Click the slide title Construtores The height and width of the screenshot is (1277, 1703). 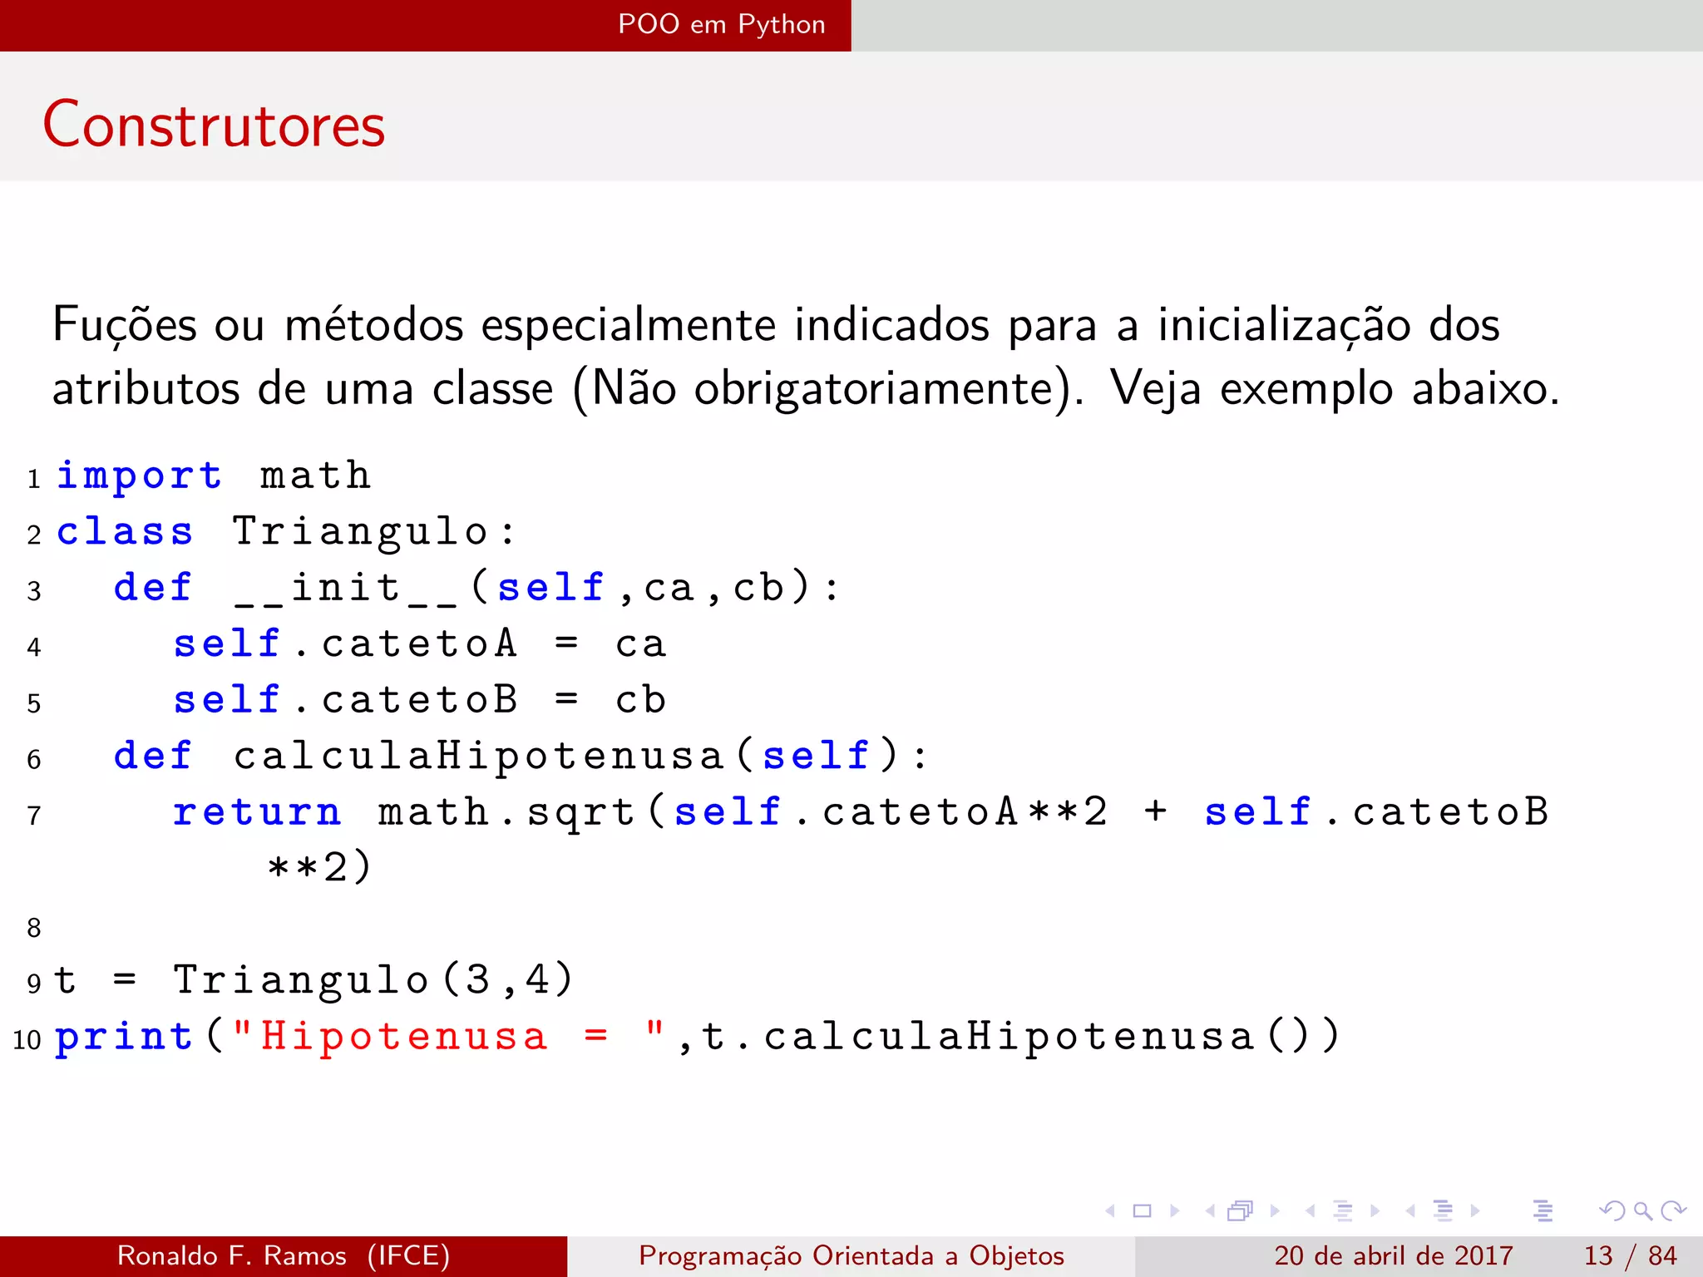(x=214, y=125)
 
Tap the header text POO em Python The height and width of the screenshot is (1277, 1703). (x=721, y=24)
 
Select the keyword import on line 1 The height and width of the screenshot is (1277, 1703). (x=139, y=476)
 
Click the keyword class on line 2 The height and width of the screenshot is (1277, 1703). (x=125, y=532)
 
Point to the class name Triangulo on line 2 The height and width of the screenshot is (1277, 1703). (x=360, y=532)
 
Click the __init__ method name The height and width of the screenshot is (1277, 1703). (x=345, y=589)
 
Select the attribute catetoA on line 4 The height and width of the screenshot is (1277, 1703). (x=419, y=644)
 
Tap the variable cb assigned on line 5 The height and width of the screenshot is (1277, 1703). (x=640, y=700)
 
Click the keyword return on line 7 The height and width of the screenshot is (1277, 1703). (x=257, y=812)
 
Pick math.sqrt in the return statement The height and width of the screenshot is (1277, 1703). (x=507, y=812)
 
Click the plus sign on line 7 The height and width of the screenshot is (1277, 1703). (x=1155, y=811)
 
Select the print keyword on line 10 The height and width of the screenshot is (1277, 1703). (x=124, y=1037)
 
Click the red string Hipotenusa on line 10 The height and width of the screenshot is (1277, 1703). (x=404, y=1037)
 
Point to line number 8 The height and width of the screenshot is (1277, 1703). (x=34, y=928)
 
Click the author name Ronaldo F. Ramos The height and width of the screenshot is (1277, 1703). (x=232, y=1255)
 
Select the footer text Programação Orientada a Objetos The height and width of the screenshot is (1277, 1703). (x=851, y=1255)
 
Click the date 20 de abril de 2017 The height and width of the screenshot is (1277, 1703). (x=1393, y=1255)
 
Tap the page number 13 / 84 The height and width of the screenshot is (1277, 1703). (x=1630, y=1255)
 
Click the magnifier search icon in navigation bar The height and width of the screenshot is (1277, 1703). (x=1642, y=1211)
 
